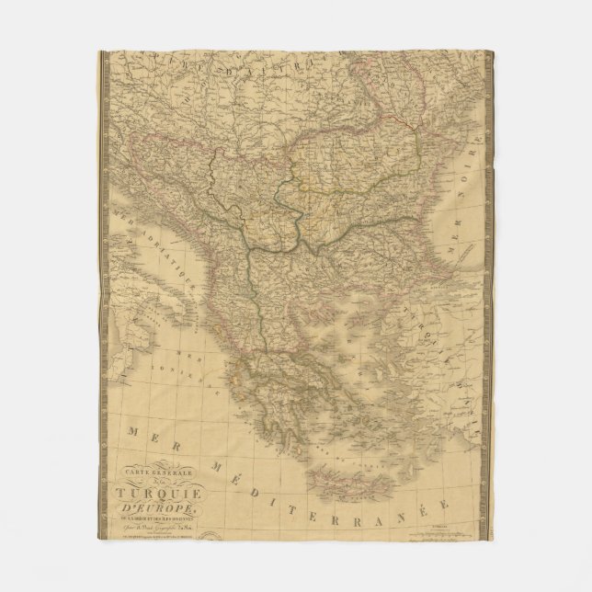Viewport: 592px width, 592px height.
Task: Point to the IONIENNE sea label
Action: (x=190, y=372)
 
